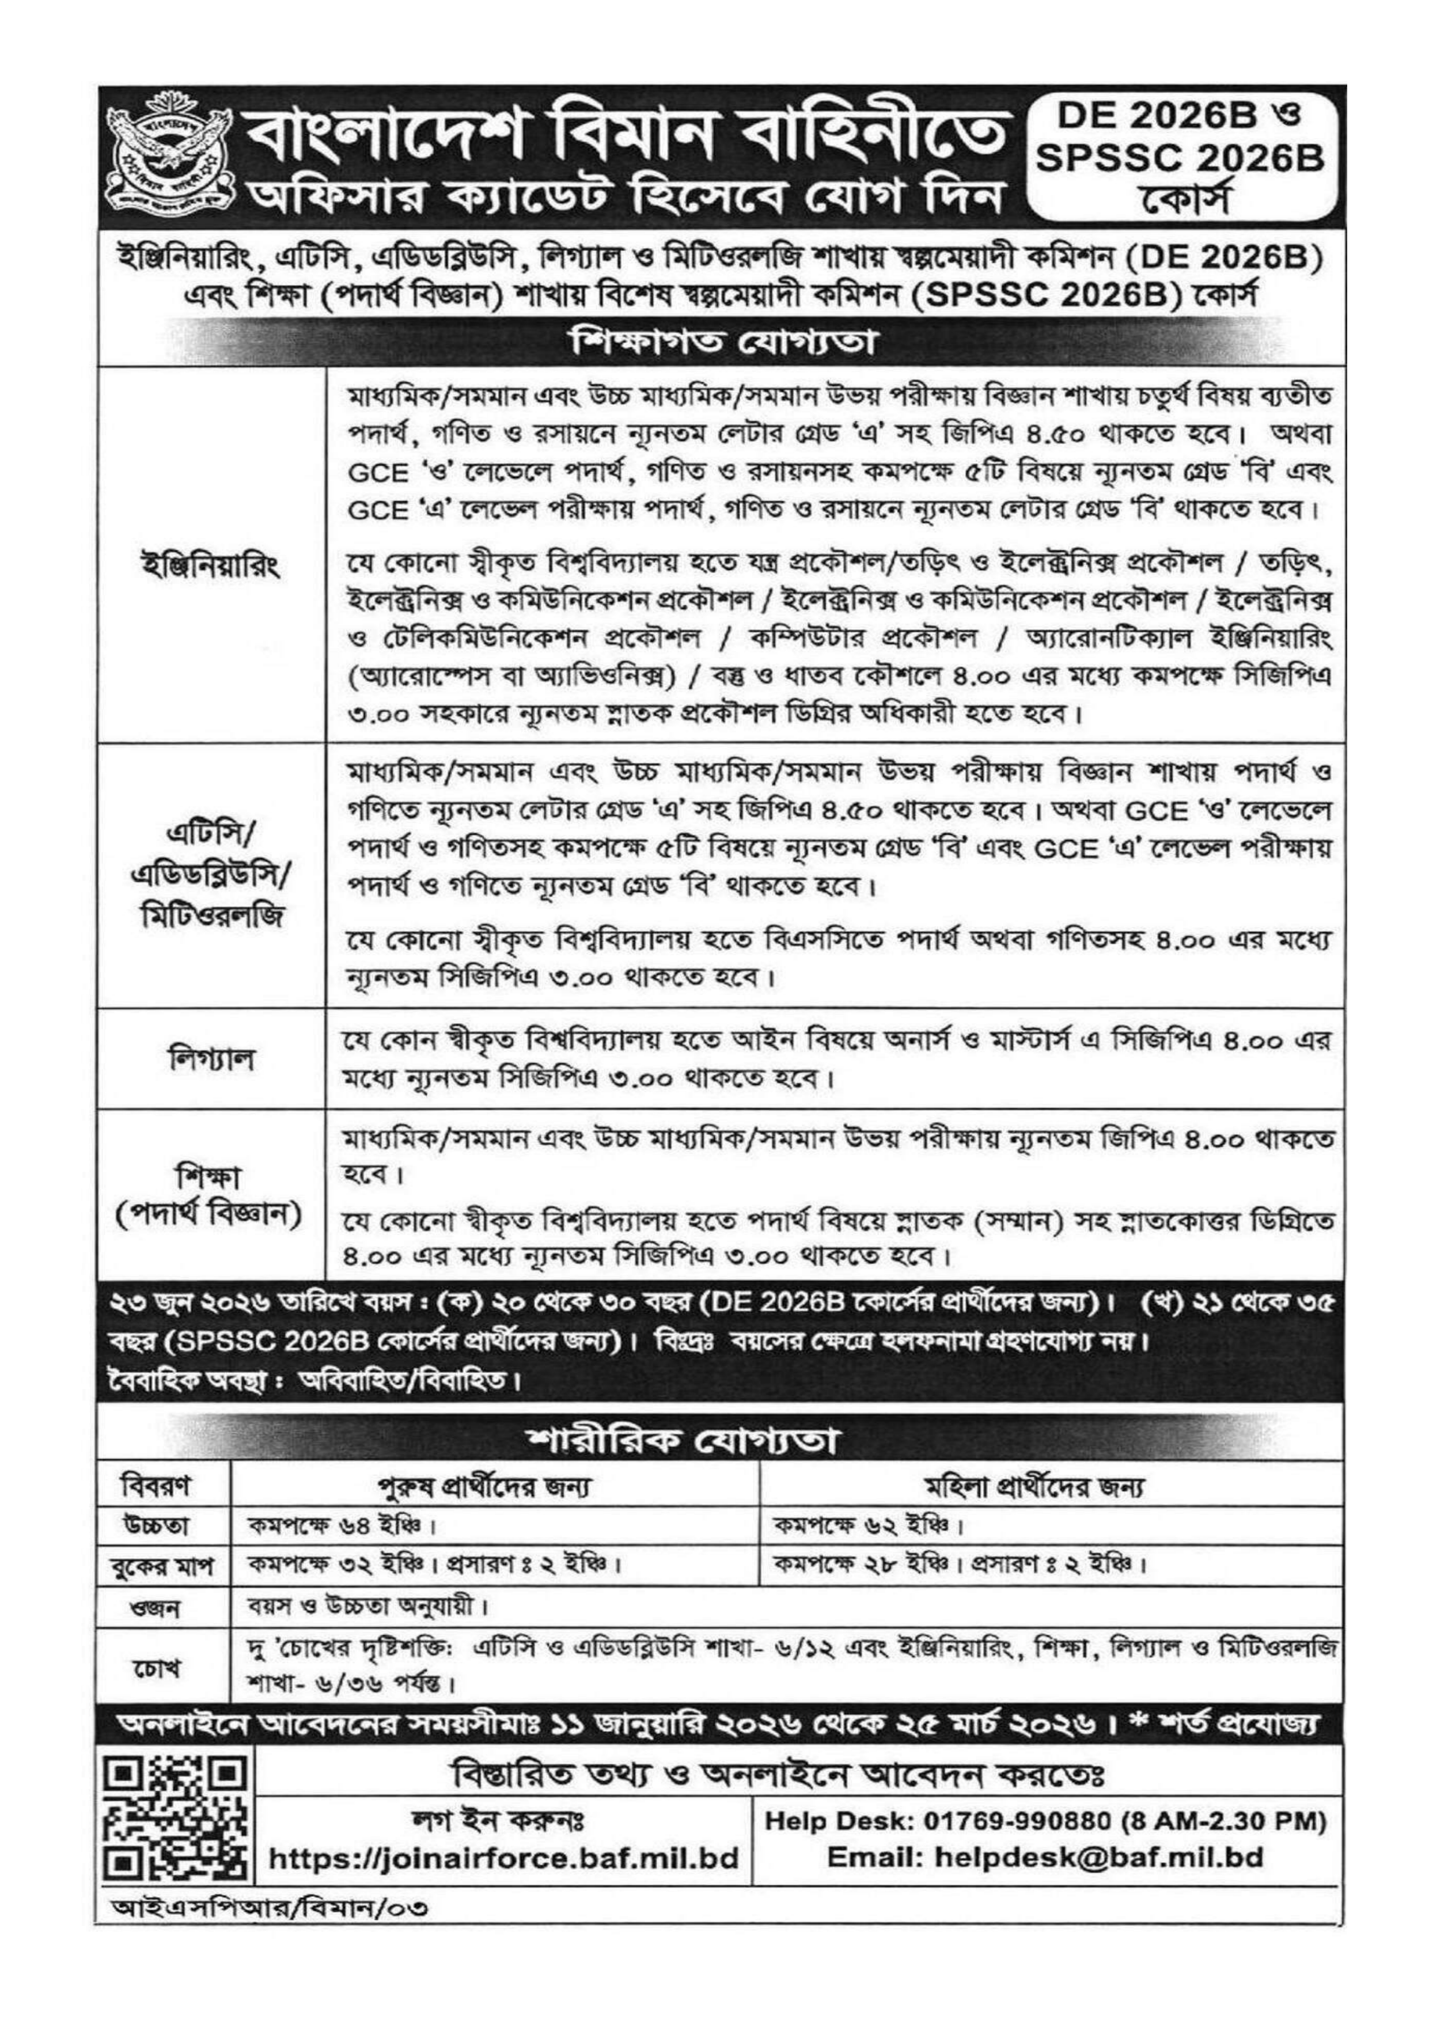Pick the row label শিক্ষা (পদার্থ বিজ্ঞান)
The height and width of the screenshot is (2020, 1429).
coord(211,1195)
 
